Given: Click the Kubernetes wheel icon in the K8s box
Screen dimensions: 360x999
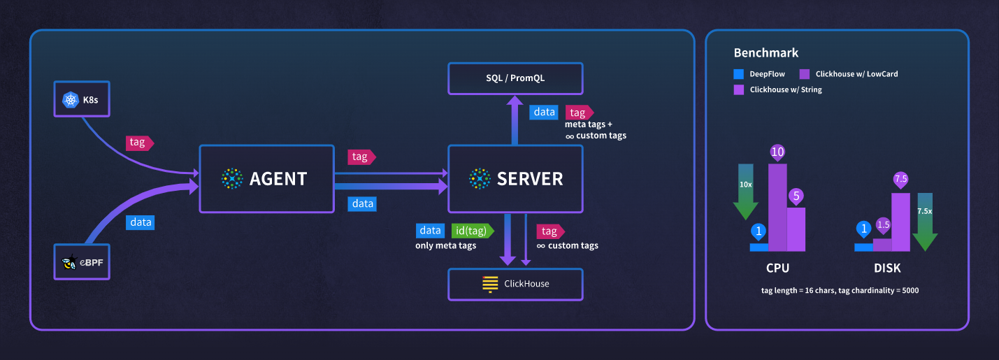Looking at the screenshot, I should tap(70, 100).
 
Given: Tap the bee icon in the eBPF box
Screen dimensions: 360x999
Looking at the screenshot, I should tap(69, 264).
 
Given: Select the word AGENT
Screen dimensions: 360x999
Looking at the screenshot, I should tap(278, 179).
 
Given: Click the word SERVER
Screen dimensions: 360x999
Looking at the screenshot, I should tap(530, 179).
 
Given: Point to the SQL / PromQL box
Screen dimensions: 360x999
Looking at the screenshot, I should tap(515, 78).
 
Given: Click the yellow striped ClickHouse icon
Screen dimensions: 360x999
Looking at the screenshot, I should tap(489, 284).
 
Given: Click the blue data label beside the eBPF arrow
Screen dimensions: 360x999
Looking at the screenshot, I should tap(140, 222).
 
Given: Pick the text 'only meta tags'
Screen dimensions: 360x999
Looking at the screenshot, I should tap(446, 245).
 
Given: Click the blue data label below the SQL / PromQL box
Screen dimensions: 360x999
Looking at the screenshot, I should tap(543, 112).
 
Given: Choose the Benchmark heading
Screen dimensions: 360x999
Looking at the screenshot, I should tap(766, 53).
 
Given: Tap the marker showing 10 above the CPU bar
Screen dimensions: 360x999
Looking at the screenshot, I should tap(777, 152).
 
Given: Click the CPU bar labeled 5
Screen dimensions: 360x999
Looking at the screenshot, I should tap(796, 229).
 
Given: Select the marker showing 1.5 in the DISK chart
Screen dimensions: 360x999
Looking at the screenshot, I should tap(883, 225).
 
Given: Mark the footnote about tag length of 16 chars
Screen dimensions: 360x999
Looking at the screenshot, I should tap(840, 289).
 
